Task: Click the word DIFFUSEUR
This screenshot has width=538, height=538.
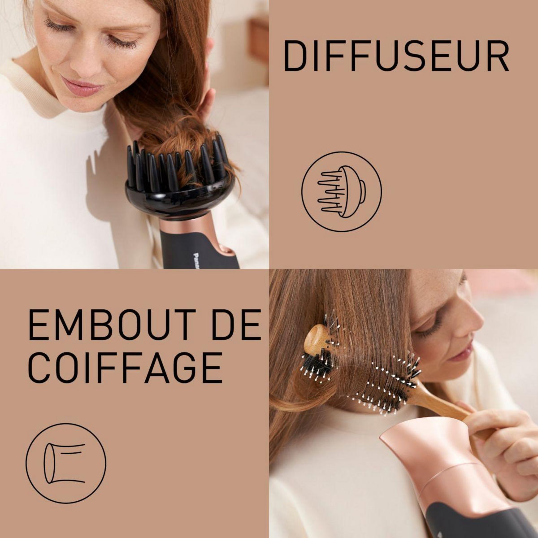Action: [396, 56]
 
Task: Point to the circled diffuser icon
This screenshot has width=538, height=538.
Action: [341, 191]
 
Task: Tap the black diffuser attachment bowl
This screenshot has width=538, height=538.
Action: [179, 197]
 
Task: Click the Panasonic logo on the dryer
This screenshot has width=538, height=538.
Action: [196, 260]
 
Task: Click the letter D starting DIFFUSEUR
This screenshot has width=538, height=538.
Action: [294, 56]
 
